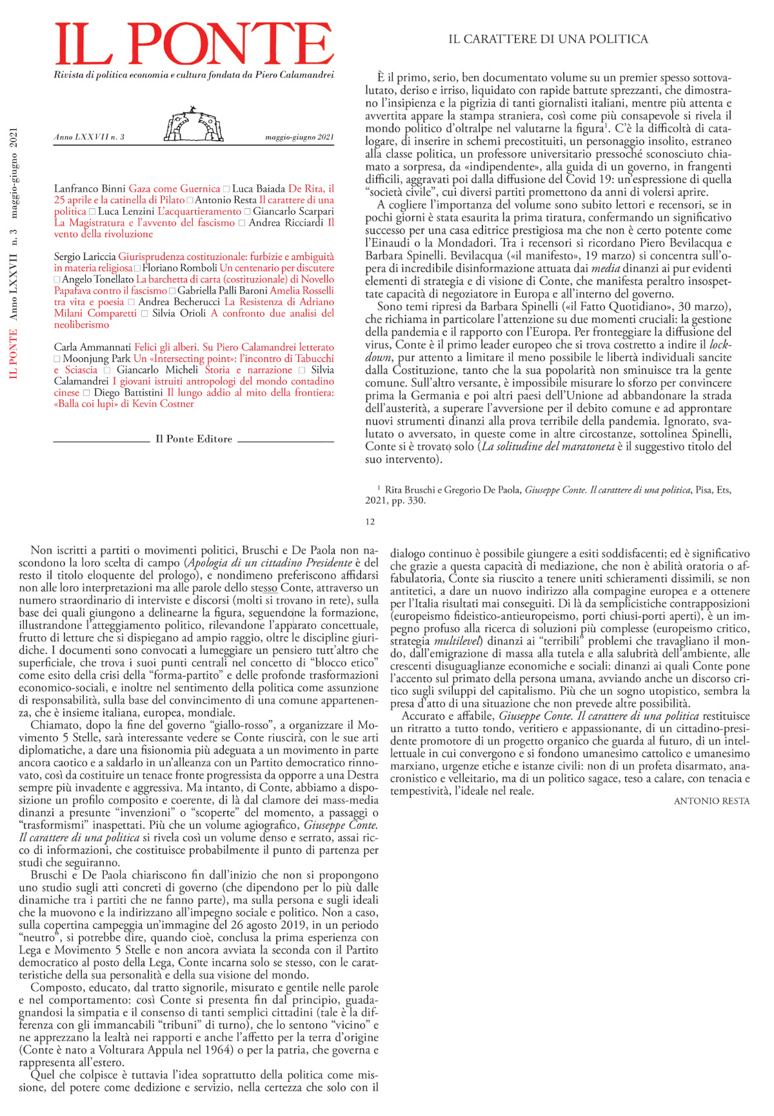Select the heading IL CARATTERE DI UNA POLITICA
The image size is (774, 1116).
tap(548, 39)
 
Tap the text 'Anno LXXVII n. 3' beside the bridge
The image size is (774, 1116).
tap(89, 137)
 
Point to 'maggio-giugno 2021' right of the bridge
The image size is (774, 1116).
tap(299, 137)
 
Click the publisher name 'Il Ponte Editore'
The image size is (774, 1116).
tap(193, 439)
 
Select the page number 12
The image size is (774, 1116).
tap(370, 522)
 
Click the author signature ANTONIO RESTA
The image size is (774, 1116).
tap(711, 801)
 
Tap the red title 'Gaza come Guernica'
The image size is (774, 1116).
tap(174, 189)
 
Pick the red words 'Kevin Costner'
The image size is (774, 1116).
tap(163, 404)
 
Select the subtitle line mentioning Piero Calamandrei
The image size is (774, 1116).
tap(193, 75)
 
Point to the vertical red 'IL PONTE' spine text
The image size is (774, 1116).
tap(14, 354)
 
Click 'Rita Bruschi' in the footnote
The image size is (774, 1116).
tap(410, 490)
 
